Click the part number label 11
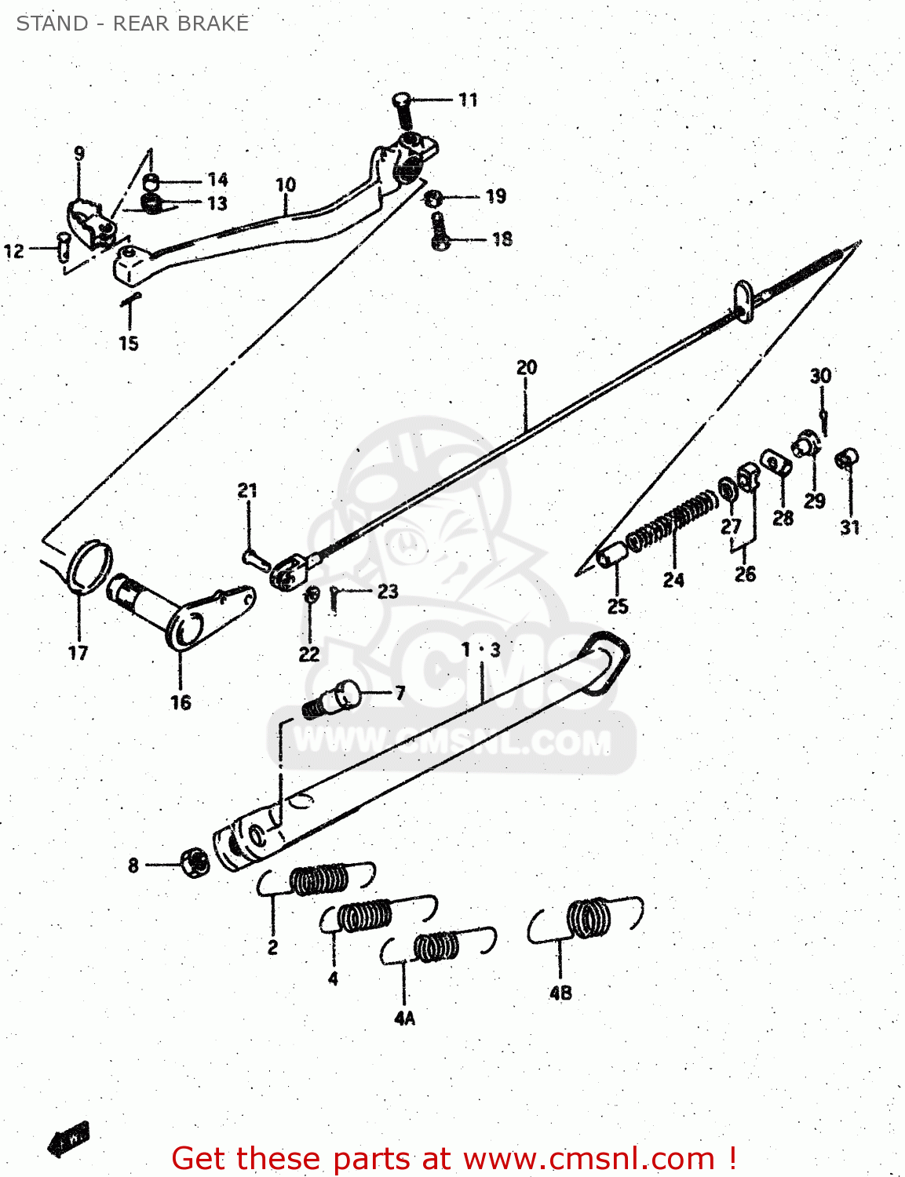coord(468,100)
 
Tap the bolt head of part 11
coord(401,100)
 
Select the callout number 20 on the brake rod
coord(527,367)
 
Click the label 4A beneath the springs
coord(404,1018)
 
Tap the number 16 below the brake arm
coord(181,702)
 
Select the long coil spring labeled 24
coord(673,520)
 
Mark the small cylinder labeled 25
coord(612,555)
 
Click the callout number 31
coord(850,527)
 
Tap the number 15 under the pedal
coord(129,343)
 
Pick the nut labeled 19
coord(432,197)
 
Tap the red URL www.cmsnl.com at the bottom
coord(589,1158)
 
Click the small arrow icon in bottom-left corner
coord(69,1139)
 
